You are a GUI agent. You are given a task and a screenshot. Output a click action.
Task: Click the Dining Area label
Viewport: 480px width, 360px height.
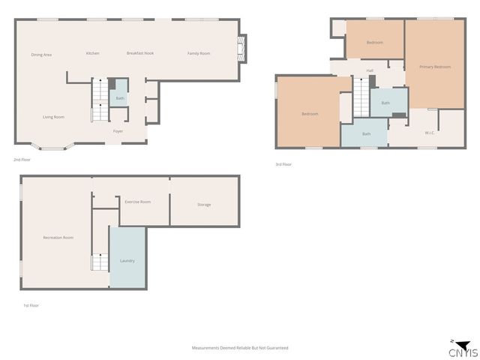pos(41,55)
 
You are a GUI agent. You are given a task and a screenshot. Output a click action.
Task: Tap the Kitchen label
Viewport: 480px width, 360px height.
pos(93,53)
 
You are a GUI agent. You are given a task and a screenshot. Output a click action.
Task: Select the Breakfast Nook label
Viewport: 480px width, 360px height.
pos(140,53)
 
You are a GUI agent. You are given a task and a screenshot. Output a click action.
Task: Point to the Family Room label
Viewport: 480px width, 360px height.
pos(199,53)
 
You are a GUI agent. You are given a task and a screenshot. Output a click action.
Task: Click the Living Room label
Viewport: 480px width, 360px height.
pos(53,117)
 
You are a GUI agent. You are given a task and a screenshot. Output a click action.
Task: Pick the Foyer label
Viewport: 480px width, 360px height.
pos(118,131)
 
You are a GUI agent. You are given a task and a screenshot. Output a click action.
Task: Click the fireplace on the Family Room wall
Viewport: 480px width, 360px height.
pos(241,49)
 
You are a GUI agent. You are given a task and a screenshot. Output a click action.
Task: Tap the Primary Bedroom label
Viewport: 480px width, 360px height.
pos(435,67)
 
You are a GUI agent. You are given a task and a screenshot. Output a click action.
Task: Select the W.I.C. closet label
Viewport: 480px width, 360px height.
pos(430,133)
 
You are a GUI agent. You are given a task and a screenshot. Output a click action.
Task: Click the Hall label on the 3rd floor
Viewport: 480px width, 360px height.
pos(370,71)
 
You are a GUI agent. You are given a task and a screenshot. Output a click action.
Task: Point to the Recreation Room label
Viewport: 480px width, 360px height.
pos(58,238)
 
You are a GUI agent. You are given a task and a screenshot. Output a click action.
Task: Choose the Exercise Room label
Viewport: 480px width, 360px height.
pos(137,202)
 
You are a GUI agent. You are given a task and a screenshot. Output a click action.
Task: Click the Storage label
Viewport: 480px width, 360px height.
pos(204,205)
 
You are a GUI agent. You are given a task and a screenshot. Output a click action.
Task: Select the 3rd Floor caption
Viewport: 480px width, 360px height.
pos(283,164)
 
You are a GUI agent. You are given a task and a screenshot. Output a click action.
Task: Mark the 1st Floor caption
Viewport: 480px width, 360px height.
pos(30,307)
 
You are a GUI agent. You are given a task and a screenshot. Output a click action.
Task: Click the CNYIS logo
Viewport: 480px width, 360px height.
pos(462,349)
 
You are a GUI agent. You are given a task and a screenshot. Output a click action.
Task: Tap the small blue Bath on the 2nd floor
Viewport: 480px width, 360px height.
pos(120,98)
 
